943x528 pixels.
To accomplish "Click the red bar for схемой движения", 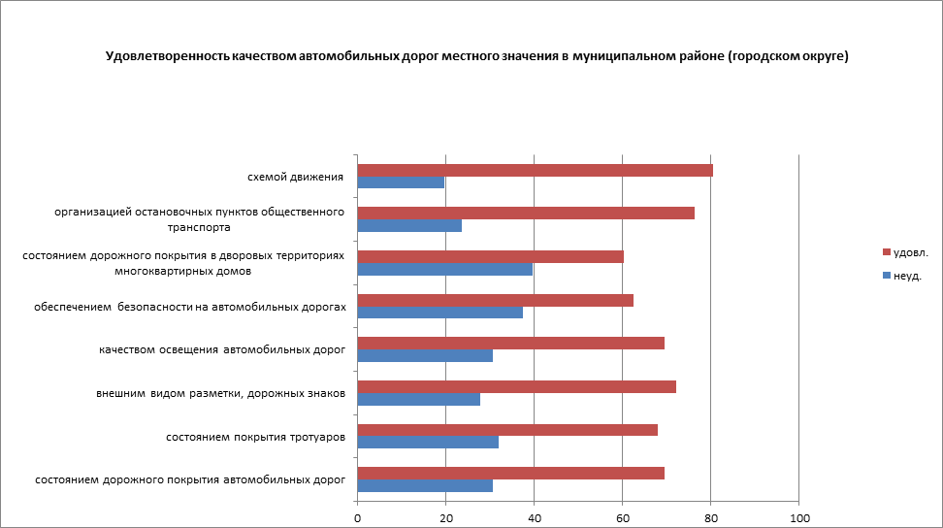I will point(535,171).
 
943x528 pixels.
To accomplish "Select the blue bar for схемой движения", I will point(401,182).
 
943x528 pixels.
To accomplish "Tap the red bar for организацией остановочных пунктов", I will point(526,214).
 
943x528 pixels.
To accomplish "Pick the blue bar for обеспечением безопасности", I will point(439,313).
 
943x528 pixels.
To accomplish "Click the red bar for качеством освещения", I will point(510,343).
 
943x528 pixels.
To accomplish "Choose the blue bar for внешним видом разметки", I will point(418,399).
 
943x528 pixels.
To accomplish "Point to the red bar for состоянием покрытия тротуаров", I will point(507,430).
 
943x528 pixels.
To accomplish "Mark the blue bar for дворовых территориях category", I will point(444,270).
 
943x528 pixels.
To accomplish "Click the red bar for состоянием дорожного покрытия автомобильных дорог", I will point(510,473).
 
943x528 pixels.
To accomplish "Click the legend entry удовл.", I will point(910,252).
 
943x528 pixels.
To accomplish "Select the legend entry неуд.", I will point(907,276).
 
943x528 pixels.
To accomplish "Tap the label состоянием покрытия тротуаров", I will point(256,437).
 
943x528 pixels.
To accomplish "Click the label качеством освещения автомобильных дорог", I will point(222,349).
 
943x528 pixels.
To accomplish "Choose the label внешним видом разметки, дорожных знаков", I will point(221,393).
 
